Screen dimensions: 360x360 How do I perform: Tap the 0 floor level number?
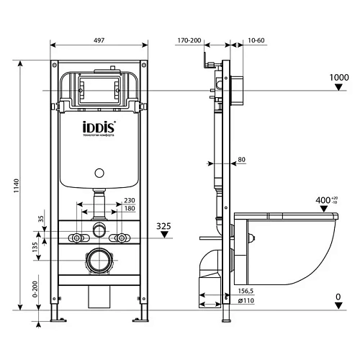coord(338,297)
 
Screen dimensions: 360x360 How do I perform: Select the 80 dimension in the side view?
coord(242,159)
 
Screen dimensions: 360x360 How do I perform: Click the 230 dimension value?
coord(130,201)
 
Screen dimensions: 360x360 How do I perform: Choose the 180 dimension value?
coord(130,209)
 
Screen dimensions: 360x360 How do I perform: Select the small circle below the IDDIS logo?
coord(100,174)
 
